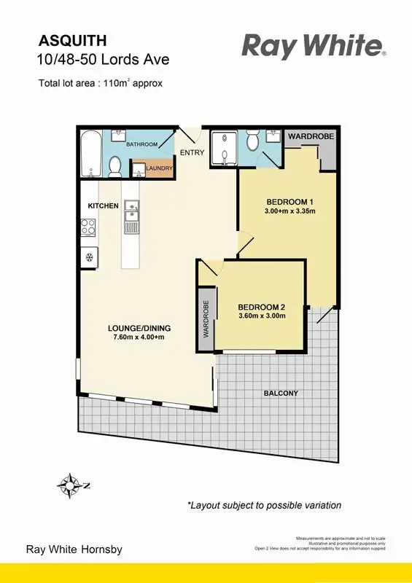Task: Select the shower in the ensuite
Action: (x=221, y=149)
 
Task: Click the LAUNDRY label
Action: (x=160, y=169)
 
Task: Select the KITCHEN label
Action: (x=103, y=206)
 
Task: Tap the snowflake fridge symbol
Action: (x=90, y=256)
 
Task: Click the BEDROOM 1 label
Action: (x=289, y=202)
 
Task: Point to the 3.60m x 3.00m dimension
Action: (x=261, y=316)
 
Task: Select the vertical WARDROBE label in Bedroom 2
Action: (x=206, y=318)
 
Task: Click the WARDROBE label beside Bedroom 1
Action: (x=311, y=136)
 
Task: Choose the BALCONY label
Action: (x=281, y=394)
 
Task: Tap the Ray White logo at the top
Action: (x=313, y=47)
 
